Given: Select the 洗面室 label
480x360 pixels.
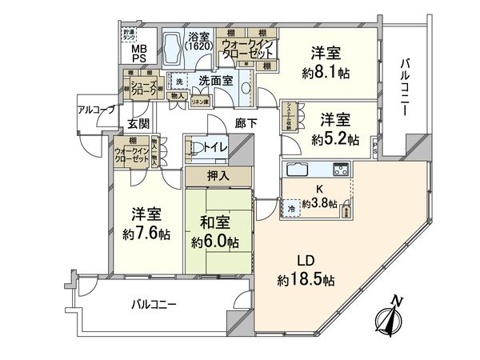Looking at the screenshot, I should point(216,80).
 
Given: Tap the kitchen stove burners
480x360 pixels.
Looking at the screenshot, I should point(340,169).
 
